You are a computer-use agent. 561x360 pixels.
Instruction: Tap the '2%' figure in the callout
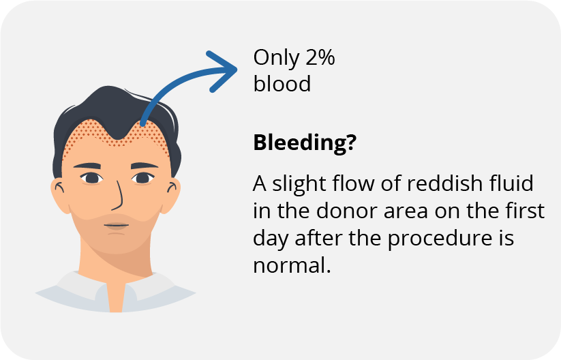point(320,57)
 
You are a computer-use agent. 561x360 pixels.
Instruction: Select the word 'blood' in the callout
point(282,84)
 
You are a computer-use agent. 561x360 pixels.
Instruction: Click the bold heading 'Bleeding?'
point(305,143)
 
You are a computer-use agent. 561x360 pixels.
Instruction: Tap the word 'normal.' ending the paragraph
point(292,265)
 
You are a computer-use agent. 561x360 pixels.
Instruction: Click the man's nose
point(117,196)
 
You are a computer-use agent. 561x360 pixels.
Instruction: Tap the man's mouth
point(117,226)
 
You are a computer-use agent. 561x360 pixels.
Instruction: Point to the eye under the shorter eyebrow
point(143,178)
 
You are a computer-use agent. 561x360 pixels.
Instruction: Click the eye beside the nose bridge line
point(92,178)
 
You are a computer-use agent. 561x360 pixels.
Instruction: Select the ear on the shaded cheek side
point(170,195)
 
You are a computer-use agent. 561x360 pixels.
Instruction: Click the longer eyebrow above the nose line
point(87,166)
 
